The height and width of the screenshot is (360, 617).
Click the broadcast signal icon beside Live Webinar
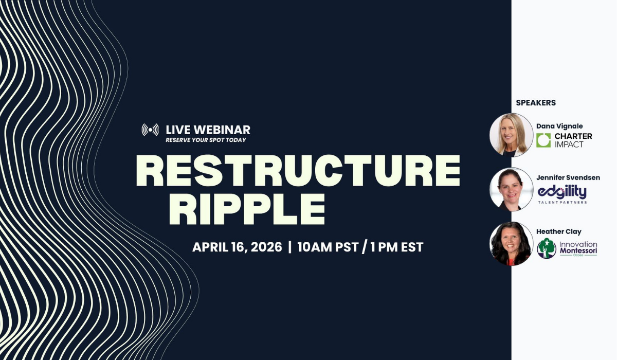(x=150, y=130)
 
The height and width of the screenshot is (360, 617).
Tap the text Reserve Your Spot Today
(x=206, y=140)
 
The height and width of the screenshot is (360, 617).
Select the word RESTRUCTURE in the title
(x=298, y=171)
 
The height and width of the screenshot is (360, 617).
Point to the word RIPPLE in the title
(x=247, y=209)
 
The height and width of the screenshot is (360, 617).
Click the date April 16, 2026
(x=237, y=247)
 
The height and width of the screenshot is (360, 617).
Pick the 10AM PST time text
(x=328, y=247)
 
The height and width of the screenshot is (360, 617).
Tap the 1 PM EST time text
(x=397, y=247)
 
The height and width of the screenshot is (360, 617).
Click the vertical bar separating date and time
(x=289, y=247)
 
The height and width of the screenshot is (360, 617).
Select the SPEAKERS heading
(x=536, y=103)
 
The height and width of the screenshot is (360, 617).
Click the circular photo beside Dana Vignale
(x=512, y=135)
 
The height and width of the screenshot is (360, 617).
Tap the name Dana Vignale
(x=559, y=126)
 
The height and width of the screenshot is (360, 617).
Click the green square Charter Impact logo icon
(x=543, y=140)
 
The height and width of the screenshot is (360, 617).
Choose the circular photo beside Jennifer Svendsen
(x=512, y=189)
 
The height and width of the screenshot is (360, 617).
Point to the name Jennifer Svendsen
(x=568, y=177)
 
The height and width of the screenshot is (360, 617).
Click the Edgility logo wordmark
(x=562, y=192)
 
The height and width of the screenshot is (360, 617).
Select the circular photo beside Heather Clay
(x=512, y=243)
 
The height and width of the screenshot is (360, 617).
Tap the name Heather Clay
(x=558, y=231)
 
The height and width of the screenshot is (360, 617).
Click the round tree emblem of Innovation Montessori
(x=547, y=248)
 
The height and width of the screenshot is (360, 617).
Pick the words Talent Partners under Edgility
(x=562, y=203)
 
